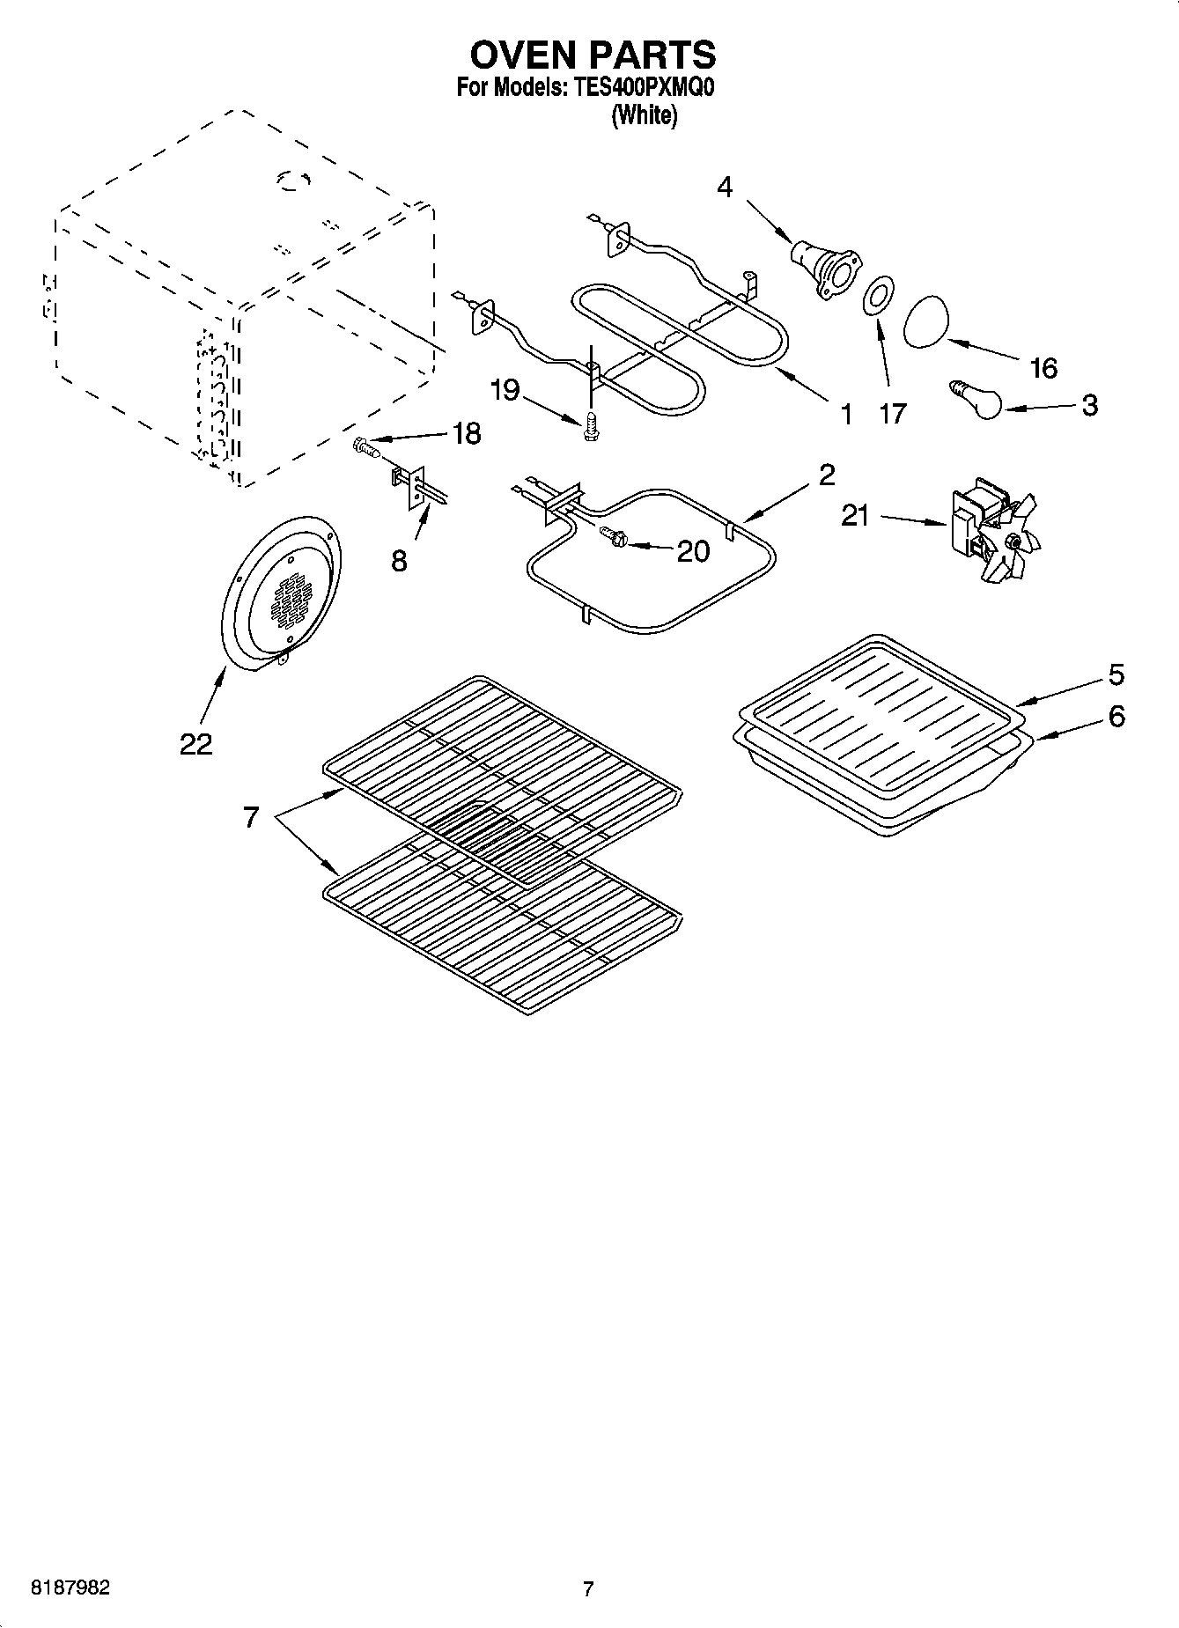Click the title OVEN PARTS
(592, 55)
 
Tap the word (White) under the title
(645, 115)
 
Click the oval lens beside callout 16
(928, 323)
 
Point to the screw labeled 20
(612, 536)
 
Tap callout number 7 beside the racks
(251, 818)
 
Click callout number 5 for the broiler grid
(1116, 674)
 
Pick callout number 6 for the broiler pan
(1116, 717)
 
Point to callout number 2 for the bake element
(826, 475)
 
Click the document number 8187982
(70, 1588)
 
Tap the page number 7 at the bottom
(588, 1589)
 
